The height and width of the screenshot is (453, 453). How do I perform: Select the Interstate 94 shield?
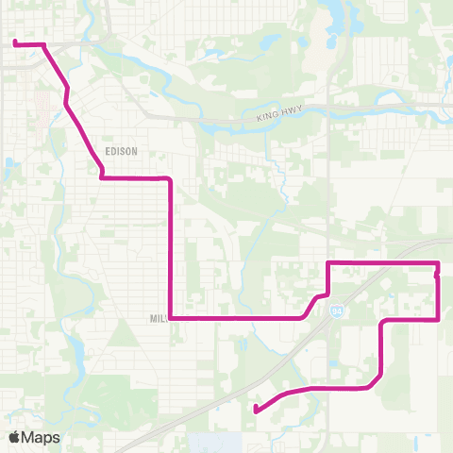(338, 310)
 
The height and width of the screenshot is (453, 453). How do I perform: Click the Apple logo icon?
(15, 437)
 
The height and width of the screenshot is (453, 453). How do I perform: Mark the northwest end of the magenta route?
(15, 42)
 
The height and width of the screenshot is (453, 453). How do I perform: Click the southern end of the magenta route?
(256, 409)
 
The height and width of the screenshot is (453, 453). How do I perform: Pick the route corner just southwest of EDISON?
(101, 176)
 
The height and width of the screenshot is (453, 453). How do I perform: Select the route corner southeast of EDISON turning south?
(170, 178)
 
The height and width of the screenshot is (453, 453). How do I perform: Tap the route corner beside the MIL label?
(171, 318)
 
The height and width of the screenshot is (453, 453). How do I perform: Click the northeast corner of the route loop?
(439, 262)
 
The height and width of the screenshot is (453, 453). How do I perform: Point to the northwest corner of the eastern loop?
(327, 262)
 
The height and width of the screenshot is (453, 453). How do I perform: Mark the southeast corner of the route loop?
(439, 319)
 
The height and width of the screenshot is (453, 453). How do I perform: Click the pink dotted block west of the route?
(42, 99)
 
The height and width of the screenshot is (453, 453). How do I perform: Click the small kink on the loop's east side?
(437, 276)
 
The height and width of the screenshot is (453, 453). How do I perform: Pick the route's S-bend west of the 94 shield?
(313, 304)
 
